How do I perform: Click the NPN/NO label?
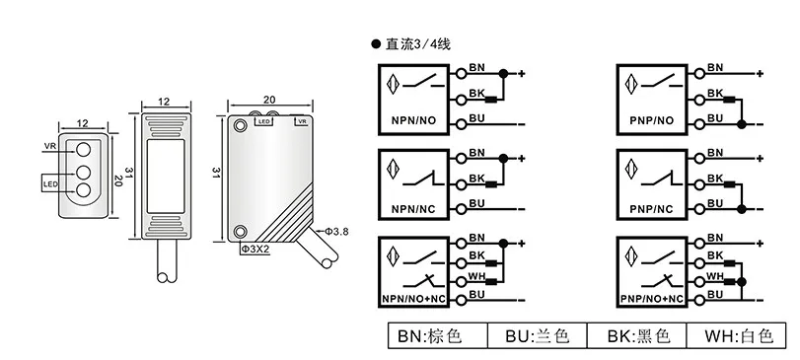point(413,121)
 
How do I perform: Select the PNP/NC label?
point(652,209)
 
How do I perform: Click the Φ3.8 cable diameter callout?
point(337,232)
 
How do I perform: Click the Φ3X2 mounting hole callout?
point(255,250)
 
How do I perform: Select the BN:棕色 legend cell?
point(437,336)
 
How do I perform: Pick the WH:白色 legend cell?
point(737,336)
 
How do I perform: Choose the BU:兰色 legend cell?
point(537,336)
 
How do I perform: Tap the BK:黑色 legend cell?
point(636,336)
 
